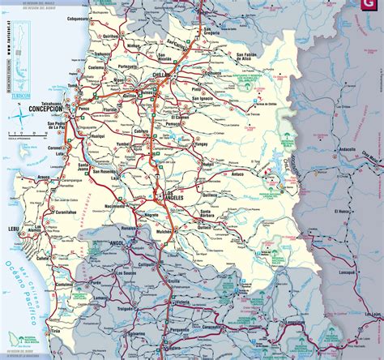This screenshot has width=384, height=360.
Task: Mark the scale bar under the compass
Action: (19, 139)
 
